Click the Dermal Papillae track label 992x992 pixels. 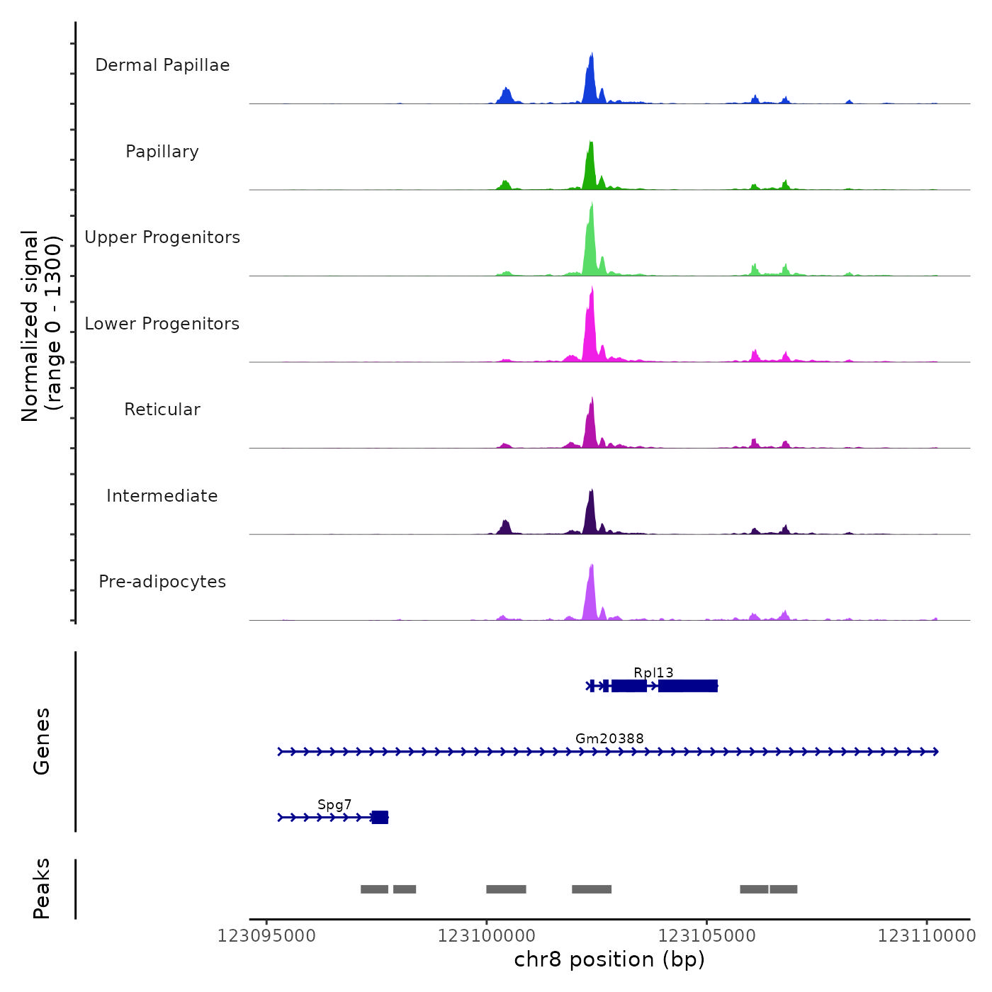click(x=162, y=65)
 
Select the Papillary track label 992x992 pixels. click(x=162, y=152)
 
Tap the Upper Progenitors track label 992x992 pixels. click(x=162, y=237)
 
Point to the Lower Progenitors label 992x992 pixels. click(x=162, y=324)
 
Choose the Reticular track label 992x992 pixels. click(x=162, y=410)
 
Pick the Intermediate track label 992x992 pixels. click(x=162, y=496)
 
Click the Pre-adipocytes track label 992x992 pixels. click(x=162, y=582)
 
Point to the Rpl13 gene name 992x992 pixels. click(x=653, y=672)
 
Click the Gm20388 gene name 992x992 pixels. click(x=609, y=738)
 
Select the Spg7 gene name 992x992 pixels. click(x=334, y=804)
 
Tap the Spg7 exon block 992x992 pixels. click(x=381, y=818)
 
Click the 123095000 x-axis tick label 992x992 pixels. click(x=266, y=936)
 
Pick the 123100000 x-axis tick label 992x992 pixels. click(x=487, y=936)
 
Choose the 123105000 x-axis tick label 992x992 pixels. click(x=706, y=936)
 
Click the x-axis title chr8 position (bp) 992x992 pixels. click(x=609, y=959)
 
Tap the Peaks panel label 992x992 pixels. click(x=42, y=889)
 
